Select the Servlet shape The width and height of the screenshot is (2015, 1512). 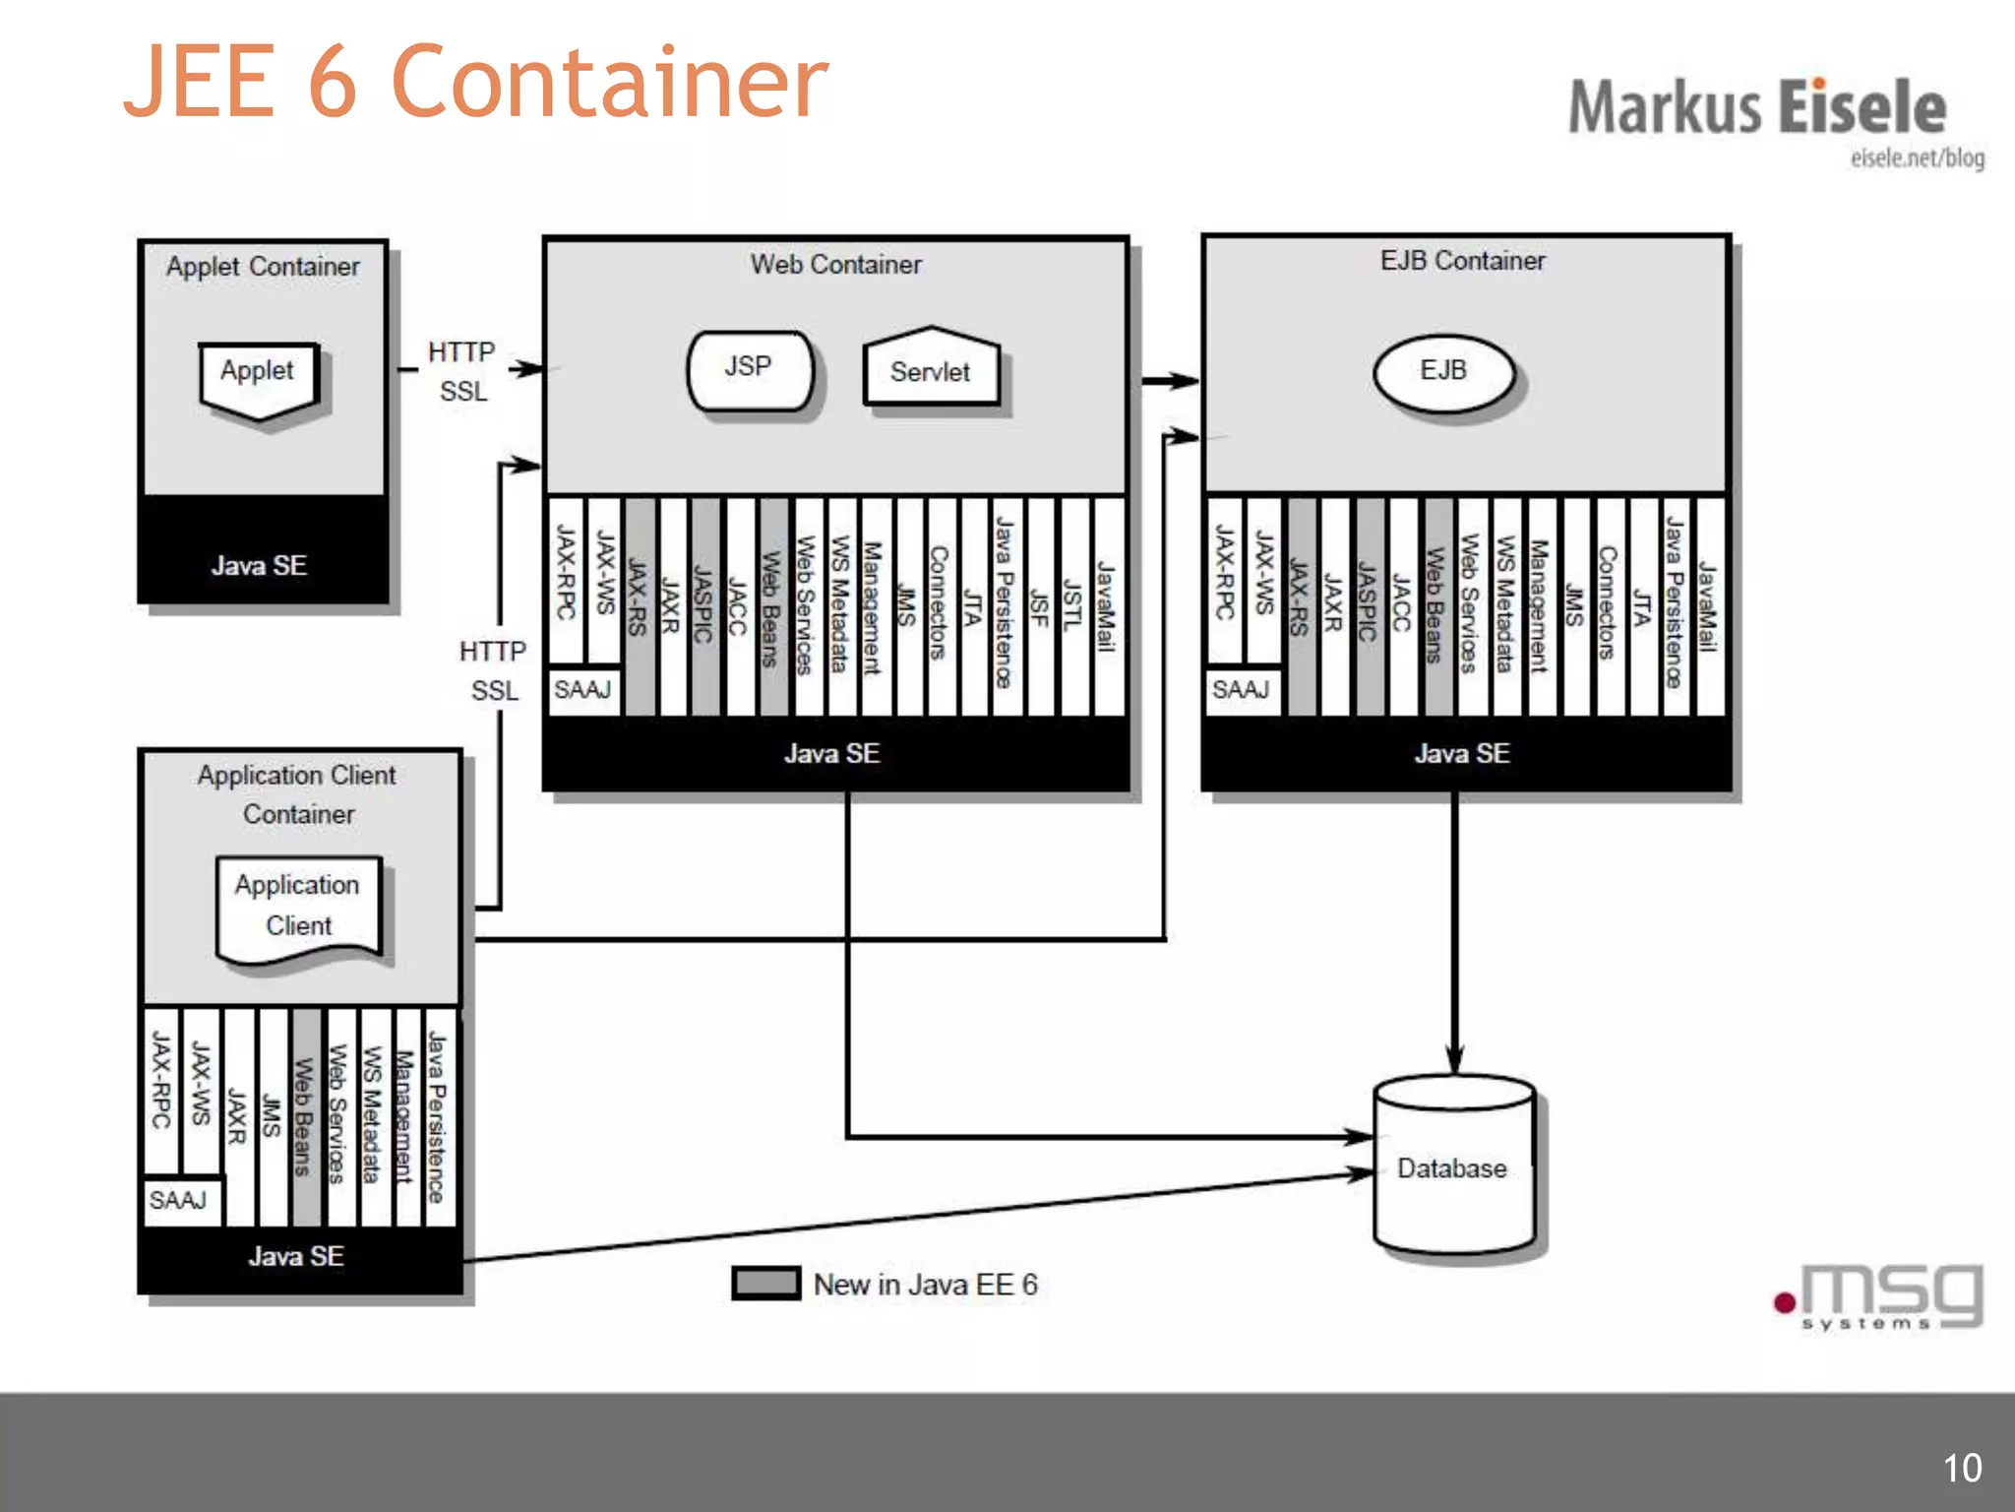pyautogui.click(x=931, y=371)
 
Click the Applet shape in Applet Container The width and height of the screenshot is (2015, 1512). pyautogui.click(x=258, y=376)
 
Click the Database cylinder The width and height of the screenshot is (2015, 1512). pyautogui.click(x=1453, y=1167)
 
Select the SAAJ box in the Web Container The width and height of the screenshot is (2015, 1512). pyautogui.click(x=582, y=689)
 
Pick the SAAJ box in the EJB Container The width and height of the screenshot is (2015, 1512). pyautogui.click(x=1241, y=689)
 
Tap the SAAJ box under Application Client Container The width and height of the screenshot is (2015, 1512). pyautogui.click(x=179, y=1200)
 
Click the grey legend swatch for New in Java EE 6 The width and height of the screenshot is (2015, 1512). pyautogui.click(x=765, y=1283)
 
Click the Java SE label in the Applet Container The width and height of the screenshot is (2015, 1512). pyautogui.click(x=260, y=565)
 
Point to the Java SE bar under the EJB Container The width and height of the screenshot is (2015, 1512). pyautogui.click(x=1463, y=753)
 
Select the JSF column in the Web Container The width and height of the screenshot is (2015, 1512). pyautogui.click(x=1039, y=605)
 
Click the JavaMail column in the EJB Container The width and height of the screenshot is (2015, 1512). pyautogui.click(x=1708, y=605)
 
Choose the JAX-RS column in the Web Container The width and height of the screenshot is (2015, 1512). pyautogui.click(x=639, y=605)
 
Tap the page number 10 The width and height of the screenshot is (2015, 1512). pyautogui.click(x=1962, y=1468)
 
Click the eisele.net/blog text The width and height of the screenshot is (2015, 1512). pyautogui.click(x=1917, y=157)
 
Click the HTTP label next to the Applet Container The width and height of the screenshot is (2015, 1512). pyautogui.click(x=461, y=351)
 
